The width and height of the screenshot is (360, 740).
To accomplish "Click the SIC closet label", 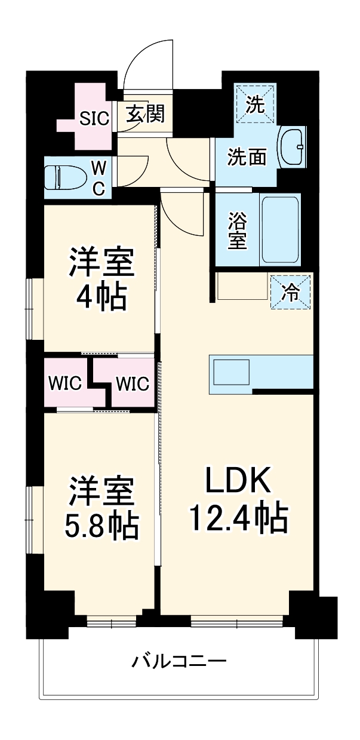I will tap(95, 118).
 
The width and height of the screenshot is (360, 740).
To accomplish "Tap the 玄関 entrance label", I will tap(146, 113).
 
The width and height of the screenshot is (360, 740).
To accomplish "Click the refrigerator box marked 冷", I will tap(291, 293).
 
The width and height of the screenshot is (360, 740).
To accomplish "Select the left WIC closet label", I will tap(64, 383).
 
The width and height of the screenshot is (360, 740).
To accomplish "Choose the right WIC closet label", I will tap(132, 383).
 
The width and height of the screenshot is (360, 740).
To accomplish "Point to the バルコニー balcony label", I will tap(179, 661).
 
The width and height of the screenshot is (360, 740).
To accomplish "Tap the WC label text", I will tap(99, 177).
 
